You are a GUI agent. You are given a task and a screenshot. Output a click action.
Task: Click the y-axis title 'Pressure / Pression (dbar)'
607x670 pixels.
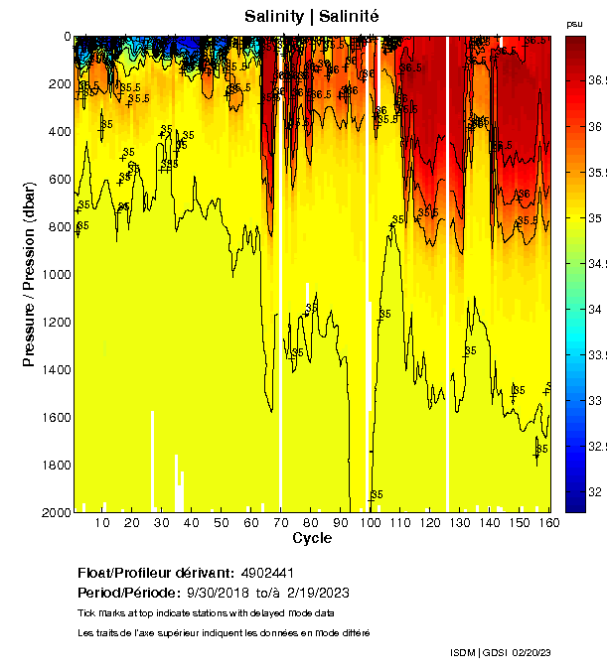click(29, 274)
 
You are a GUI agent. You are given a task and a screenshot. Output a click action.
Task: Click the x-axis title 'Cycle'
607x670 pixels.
click(312, 538)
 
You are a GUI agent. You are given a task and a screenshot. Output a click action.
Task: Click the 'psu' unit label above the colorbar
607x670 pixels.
click(574, 23)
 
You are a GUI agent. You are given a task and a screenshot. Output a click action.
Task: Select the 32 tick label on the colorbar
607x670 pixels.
click(594, 491)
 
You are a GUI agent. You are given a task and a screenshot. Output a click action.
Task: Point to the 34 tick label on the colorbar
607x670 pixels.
click(594, 310)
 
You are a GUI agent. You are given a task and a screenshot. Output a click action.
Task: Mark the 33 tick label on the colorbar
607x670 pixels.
click(594, 400)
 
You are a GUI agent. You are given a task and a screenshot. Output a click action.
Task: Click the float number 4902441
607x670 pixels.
click(268, 573)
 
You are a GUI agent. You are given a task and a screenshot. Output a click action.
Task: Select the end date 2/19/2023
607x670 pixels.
click(318, 593)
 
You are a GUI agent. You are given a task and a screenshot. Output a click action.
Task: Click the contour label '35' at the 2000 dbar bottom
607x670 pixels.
click(377, 494)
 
